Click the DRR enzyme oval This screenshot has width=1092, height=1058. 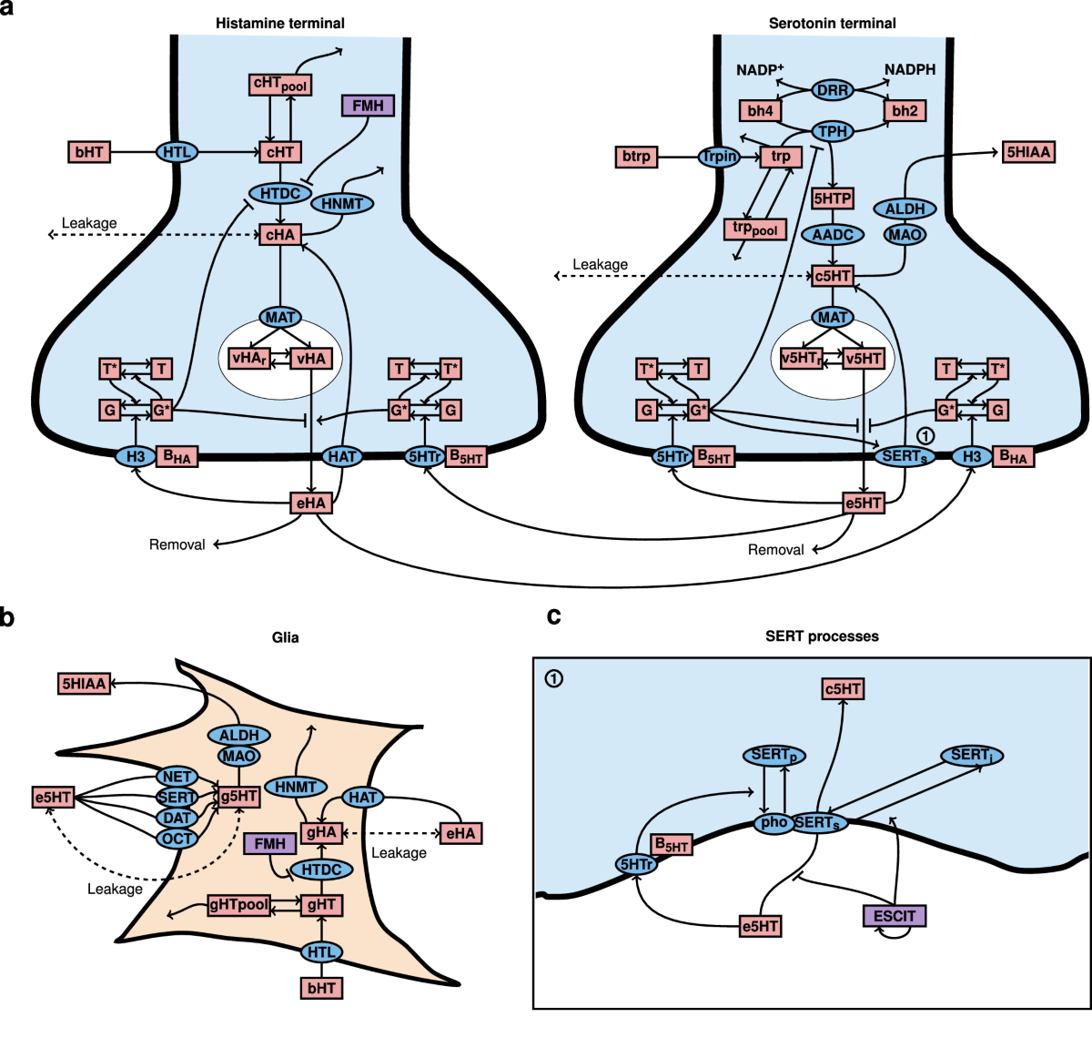click(833, 90)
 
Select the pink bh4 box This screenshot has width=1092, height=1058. click(761, 111)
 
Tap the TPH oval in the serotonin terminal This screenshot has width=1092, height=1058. click(833, 131)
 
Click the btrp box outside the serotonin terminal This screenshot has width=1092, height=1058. click(636, 157)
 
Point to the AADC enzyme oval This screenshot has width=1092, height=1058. click(833, 235)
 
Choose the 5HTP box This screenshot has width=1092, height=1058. click(833, 198)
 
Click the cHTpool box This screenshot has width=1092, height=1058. click(280, 85)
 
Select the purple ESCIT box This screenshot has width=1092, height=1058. click(895, 916)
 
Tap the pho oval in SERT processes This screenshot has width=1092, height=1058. click(774, 823)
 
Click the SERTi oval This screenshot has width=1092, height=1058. click(972, 756)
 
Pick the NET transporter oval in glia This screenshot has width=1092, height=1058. click(177, 777)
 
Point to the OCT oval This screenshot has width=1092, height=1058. click(177, 839)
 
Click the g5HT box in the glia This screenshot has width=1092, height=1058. click(239, 797)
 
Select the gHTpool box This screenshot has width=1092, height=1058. click(239, 905)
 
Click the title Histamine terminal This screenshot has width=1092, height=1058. click(280, 23)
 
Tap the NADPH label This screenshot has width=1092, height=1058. click(910, 69)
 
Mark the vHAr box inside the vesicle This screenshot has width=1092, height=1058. click(249, 359)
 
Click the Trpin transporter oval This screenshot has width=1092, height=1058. click(720, 157)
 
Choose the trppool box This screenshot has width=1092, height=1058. click(755, 229)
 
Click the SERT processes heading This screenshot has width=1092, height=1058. click(822, 636)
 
